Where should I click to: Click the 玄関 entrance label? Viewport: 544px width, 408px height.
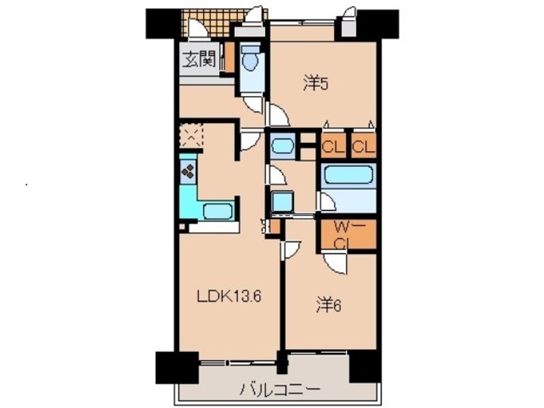pos(199,59)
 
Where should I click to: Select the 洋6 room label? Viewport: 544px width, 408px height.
pos(329,305)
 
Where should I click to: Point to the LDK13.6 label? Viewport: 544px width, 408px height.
pos(229,297)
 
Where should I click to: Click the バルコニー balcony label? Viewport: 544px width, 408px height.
pos(280,390)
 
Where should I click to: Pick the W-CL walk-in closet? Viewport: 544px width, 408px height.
pos(348,234)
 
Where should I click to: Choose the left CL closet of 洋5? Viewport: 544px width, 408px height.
pos(333,146)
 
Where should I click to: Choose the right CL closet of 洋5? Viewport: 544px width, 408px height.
pos(363,146)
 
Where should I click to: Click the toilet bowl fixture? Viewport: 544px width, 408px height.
pos(250,59)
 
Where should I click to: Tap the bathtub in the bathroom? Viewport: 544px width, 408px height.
pos(348,175)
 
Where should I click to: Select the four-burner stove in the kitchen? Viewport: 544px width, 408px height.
pos(187,170)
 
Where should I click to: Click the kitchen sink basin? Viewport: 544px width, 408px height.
pos(218,211)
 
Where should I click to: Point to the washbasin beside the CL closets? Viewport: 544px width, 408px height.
pos(283,146)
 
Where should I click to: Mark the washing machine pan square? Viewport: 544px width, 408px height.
pos(283,201)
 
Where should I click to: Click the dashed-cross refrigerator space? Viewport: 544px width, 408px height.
pos(191,136)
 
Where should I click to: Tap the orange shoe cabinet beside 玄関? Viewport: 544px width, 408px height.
pos(229,57)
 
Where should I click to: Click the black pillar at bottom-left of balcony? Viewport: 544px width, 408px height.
pos(177,367)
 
